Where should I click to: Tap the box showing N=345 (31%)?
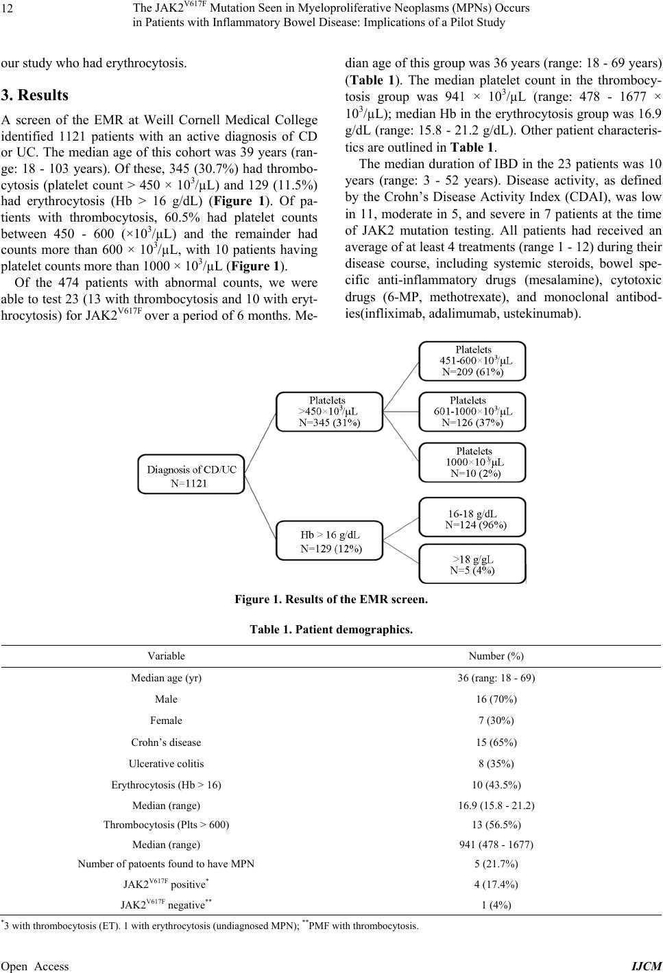click(x=328, y=412)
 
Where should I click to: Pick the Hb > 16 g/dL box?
click(x=328, y=540)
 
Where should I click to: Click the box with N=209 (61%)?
click(x=472, y=361)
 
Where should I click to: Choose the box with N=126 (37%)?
click(x=472, y=412)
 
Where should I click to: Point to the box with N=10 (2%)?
click(x=472, y=462)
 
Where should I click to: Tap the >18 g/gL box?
click(x=472, y=563)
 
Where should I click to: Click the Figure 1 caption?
click(x=330, y=600)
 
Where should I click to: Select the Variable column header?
click(x=166, y=656)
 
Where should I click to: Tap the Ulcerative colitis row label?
click(x=166, y=764)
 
